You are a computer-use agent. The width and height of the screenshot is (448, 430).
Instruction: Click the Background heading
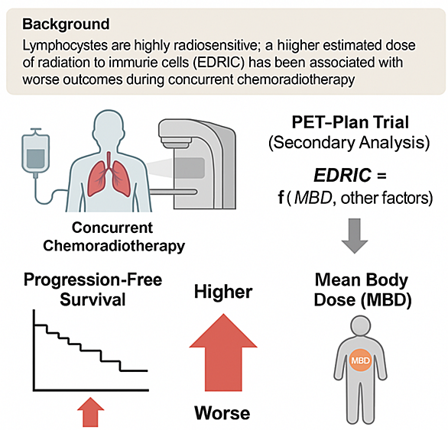point(66,24)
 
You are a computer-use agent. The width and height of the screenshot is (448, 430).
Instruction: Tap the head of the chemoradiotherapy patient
point(109,125)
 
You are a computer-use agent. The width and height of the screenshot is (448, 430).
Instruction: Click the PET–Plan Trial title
point(350,122)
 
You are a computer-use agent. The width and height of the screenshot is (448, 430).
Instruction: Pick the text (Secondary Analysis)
point(349,143)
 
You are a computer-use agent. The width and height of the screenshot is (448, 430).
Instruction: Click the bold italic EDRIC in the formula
point(342,175)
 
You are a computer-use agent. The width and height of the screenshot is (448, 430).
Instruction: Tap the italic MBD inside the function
point(313,197)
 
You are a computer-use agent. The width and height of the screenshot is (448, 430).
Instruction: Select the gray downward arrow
point(355,236)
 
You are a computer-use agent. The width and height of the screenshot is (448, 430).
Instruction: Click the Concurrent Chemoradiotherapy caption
point(114,237)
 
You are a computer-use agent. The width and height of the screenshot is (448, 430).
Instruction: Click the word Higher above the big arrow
point(223,292)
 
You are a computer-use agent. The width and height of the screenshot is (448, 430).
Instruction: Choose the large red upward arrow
point(223,352)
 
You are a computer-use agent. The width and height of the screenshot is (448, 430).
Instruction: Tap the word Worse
point(222,413)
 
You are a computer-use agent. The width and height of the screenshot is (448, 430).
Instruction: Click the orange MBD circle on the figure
point(360,360)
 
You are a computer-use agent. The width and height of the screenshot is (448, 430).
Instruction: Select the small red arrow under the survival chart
point(91,412)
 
